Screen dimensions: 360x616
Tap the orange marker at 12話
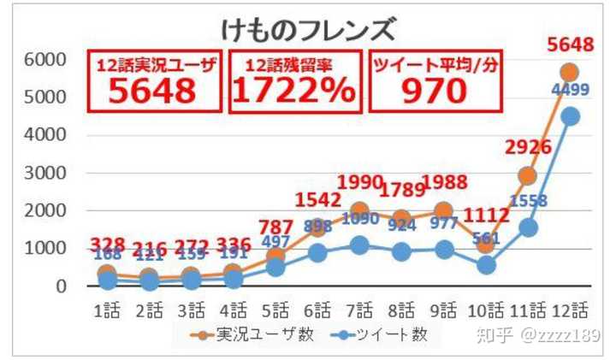coord(569,72)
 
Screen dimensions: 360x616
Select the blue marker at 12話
coord(569,115)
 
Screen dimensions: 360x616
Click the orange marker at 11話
coord(528,175)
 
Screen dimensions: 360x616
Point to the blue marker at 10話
coord(486,264)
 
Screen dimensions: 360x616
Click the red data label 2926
coord(527,147)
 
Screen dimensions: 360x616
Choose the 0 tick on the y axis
coord(61,286)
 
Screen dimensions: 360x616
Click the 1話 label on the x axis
coord(107,309)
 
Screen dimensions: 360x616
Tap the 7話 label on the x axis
coord(359,309)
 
